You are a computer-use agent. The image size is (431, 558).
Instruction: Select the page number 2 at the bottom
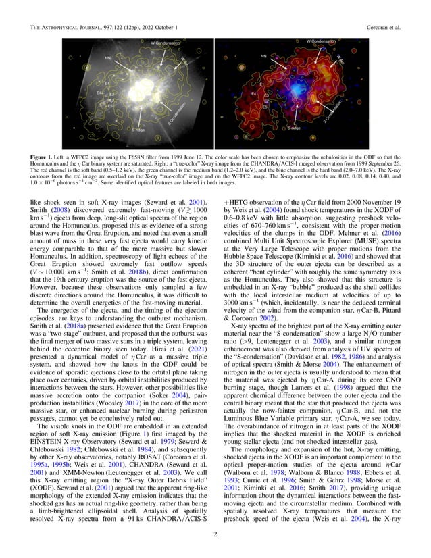215,538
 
